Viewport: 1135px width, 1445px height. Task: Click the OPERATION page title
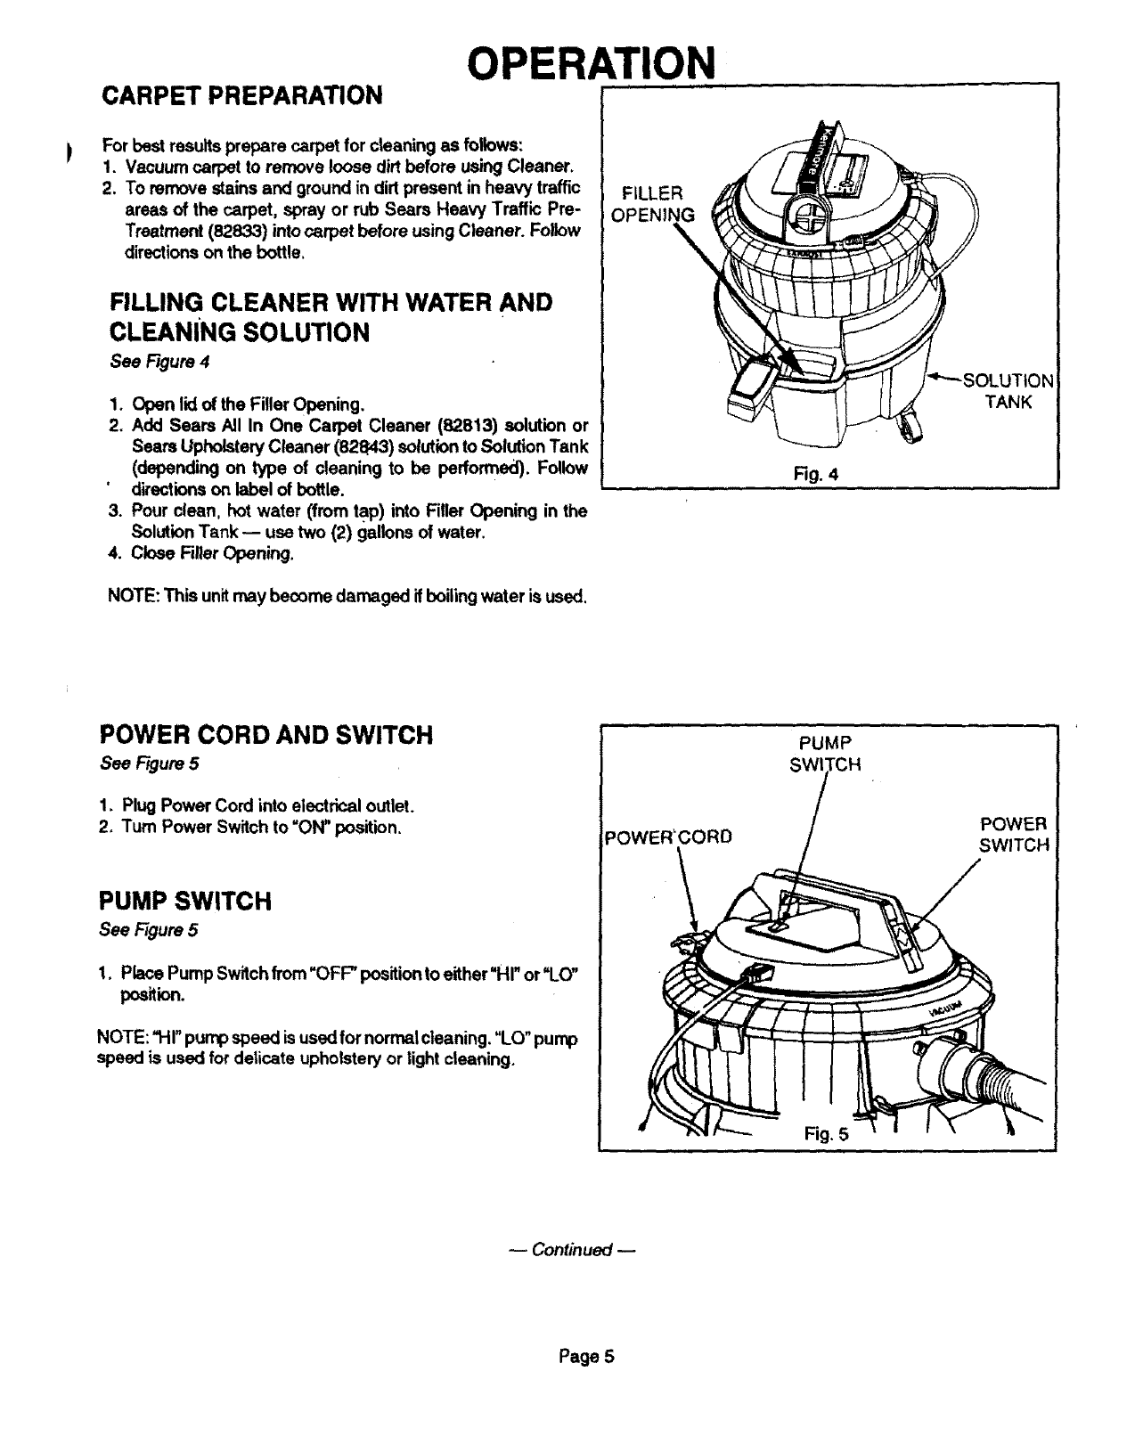click(592, 61)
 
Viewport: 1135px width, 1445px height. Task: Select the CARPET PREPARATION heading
click(242, 95)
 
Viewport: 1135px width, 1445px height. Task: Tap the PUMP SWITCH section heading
click(184, 902)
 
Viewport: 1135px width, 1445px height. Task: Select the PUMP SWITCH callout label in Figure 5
click(825, 754)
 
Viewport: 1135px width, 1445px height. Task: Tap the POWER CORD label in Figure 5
click(668, 837)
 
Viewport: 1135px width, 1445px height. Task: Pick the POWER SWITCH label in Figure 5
click(1013, 834)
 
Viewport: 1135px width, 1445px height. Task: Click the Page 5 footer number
click(587, 1357)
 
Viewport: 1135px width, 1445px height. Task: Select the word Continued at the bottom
click(571, 1250)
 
